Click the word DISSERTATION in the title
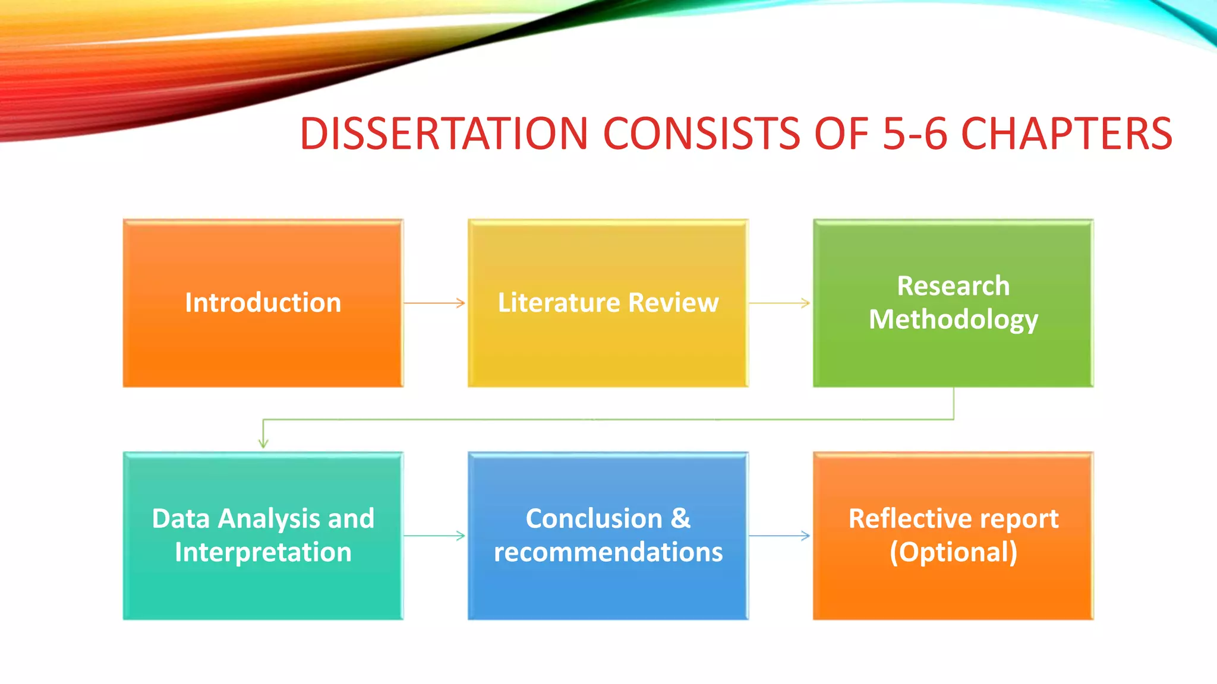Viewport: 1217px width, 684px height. [x=443, y=134]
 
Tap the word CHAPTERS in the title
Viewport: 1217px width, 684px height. [x=1067, y=134]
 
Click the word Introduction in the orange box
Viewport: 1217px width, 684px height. [x=263, y=303]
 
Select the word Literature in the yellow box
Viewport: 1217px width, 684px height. [x=559, y=303]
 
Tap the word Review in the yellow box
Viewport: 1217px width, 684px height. [x=673, y=303]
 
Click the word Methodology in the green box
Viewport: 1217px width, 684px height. [x=953, y=319]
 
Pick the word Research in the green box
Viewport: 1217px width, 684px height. [x=953, y=286]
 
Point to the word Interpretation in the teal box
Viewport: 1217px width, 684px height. [x=263, y=552]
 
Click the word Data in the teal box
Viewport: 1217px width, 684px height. [x=181, y=519]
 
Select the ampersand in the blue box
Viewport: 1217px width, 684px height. [x=680, y=519]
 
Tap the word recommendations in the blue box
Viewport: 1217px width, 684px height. [x=608, y=552]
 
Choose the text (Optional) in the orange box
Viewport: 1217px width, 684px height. [x=953, y=552]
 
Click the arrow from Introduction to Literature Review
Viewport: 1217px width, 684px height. [x=435, y=303]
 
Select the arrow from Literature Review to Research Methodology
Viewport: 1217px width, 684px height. [x=780, y=303]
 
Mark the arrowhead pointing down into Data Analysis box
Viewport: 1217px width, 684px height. [x=263, y=442]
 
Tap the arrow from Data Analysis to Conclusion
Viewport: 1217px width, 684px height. [x=435, y=536]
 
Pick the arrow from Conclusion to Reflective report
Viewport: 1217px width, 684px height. [x=780, y=536]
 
